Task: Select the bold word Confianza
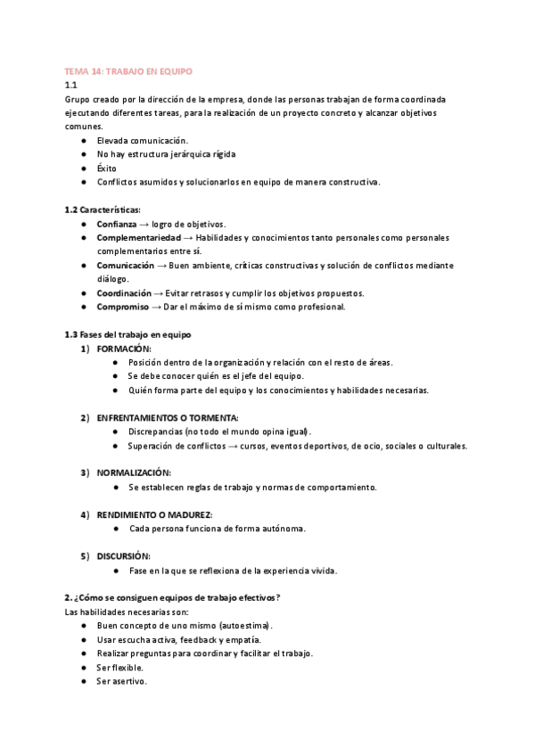(x=117, y=224)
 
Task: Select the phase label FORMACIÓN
(x=124, y=349)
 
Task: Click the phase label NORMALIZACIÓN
(x=134, y=472)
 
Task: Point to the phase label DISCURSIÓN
(x=123, y=555)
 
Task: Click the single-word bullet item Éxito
(x=106, y=168)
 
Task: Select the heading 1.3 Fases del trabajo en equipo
(x=129, y=334)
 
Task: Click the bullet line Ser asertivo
(x=121, y=681)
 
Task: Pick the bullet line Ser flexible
(x=120, y=667)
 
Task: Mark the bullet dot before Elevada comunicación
(x=83, y=141)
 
